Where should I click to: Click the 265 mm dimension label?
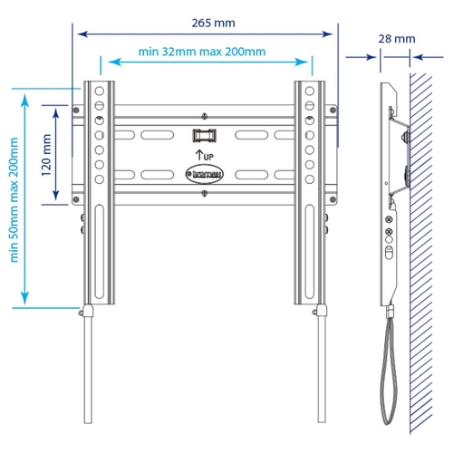pyautogui.click(x=213, y=23)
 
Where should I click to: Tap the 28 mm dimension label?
pyautogui.click(x=397, y=39)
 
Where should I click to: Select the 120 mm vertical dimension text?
pyautogui.click(x=46, y=155)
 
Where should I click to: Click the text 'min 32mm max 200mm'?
pyautogui.click(x=202, y=52)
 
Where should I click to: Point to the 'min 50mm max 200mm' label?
pyautogui.click(x=14, y=199)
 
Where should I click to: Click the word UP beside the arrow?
pyautogui.click(x=208, y=157)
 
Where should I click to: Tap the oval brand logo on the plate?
pyautogui.click(x=205, y=174)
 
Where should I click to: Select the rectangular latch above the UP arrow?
pyautogui.click(x=205, y=135)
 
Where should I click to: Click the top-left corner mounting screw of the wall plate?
pyautogui.click(x=76, y=110)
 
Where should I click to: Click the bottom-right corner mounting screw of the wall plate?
pyautogui.click(x=333, y=199)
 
